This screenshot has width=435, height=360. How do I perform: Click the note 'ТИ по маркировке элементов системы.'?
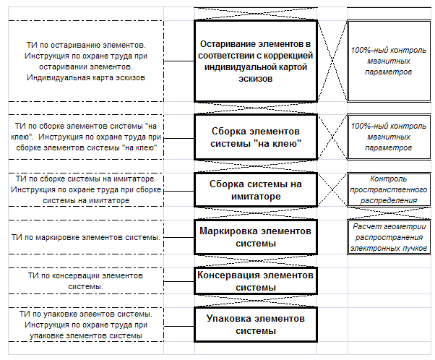click(x=86, y=237)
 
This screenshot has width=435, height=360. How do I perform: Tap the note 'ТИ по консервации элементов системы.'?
click(x=85, y=281)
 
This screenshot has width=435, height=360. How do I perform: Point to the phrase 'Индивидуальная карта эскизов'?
click(x=86, y=77)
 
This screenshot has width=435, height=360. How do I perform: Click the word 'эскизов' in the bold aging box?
click(x=256, y=79)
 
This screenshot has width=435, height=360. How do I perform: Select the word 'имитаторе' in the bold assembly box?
click(x=256, y=196)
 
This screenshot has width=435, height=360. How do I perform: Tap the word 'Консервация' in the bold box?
click(x=228, y=275)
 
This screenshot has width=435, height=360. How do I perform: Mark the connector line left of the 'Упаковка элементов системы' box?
click(x=179, y=326)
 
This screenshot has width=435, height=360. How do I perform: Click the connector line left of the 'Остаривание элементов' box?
click(x=179, y=61)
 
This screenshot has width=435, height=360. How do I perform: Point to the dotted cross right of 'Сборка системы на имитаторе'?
click(x=332, y=190)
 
